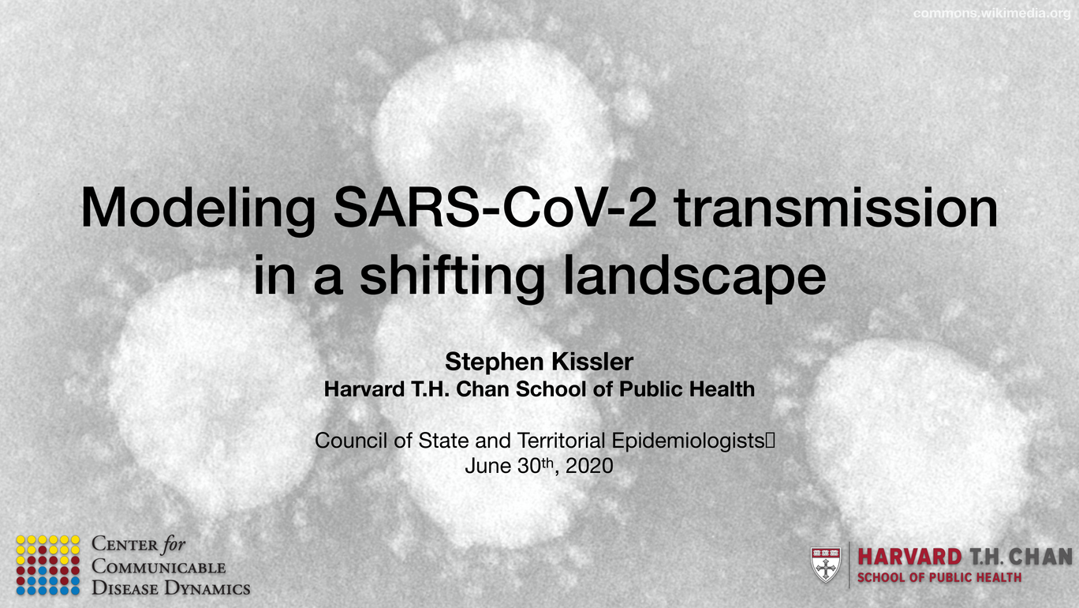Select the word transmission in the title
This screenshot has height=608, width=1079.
pyautogui.click(x=836, y=208)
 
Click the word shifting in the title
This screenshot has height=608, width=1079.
pyautogui.click(x=452, y=276)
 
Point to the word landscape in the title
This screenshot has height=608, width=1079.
pyautogui.click(x=694, y=276)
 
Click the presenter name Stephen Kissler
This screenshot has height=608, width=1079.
pyautogui.click(x=539, y=361)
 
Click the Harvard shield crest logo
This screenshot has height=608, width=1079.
pyautogui.click(x=826, y=565)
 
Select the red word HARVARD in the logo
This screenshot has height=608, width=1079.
pyautogui.click(x=909, y=557)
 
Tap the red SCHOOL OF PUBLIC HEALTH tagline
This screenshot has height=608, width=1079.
pyautogui.click(x=939, y=578)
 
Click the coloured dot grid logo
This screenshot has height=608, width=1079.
pyautogui.click(x=47, y=565)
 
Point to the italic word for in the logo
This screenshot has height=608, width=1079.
pyautogui.click(x=174, y=544)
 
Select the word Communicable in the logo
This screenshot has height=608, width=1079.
pyautogui.click(x=159, y=566)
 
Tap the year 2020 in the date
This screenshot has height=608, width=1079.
pyautogui.click(x=589, y=466)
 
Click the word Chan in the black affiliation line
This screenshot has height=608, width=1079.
pyautogui.click(x=483, y=389)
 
